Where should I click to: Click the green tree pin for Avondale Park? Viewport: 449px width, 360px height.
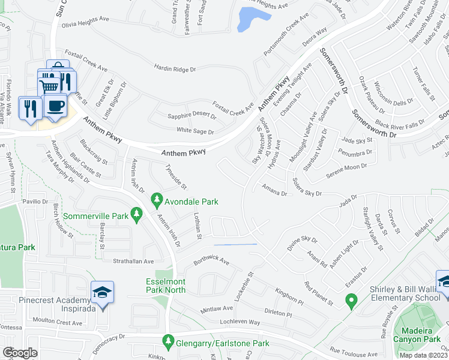coord(157,197)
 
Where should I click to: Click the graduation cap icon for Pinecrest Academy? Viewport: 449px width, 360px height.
coord(102,292)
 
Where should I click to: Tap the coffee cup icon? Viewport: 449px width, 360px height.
coord(56,106)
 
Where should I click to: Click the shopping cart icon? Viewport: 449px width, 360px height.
coord(50,86)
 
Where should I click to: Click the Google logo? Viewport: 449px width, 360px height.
coord(20,352)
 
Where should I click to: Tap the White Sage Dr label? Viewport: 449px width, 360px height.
coord(195,131)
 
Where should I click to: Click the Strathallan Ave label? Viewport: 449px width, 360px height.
coord(134,262)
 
